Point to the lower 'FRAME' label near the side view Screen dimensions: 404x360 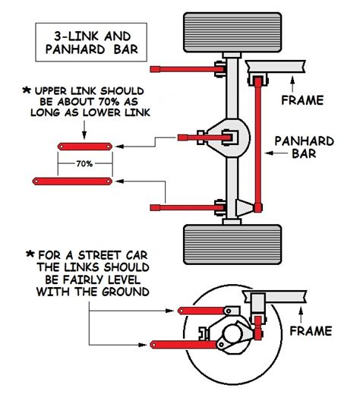311,331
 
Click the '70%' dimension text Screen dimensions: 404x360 84,162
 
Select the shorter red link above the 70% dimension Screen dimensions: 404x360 84,145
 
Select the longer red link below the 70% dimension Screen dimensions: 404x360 73,181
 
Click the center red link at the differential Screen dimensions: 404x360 199,137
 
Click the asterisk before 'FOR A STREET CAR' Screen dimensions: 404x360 31,253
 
